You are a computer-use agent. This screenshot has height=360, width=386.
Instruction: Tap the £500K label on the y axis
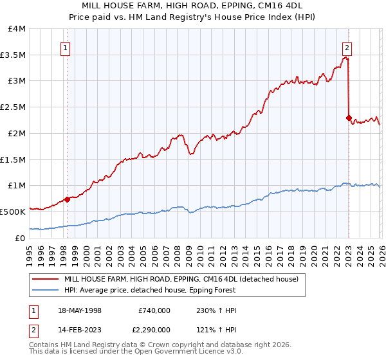pyautogui.click(x=14, y=212)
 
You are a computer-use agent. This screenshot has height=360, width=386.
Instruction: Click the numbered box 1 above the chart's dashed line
pyautogui.click(x=66, y=48)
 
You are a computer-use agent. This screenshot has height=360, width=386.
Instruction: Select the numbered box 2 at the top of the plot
pyautogui.click(x=347, y=48)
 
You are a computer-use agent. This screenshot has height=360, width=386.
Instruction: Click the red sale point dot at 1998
pyautogui.click(x=68, y=199)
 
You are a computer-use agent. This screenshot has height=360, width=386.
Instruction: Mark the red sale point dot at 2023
pyautogui.click(x=349, y=118)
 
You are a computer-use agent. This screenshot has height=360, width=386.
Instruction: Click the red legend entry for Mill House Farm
pyautogui.click(x=181, y=280)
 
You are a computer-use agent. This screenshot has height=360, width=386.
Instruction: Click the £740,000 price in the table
pyautogui.click(x=154, y=310)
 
